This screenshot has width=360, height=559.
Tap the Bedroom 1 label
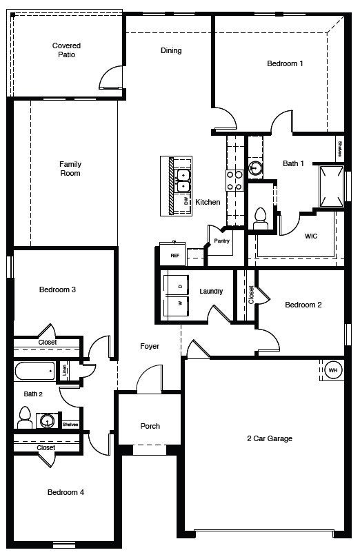coord(285,63)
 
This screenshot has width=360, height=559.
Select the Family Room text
coord(70,169)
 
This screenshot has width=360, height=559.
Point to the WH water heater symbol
coord(332,370)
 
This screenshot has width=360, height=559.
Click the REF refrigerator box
coord(175,255)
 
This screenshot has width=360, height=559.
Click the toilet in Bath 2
coord(26,416)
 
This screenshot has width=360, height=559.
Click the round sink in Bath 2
coord(48,420)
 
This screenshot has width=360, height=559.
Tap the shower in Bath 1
coord(332,185)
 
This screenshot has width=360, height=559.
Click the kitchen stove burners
coord(234,180)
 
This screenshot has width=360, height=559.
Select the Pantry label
coord(221,241)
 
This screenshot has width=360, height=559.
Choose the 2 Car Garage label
coord(270,438)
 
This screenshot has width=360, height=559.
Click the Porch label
coord(150,426)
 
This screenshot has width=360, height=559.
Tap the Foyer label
coord(150,346)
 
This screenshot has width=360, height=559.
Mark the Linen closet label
coord(64,370)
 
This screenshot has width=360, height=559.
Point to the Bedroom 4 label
coord(66,492)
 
